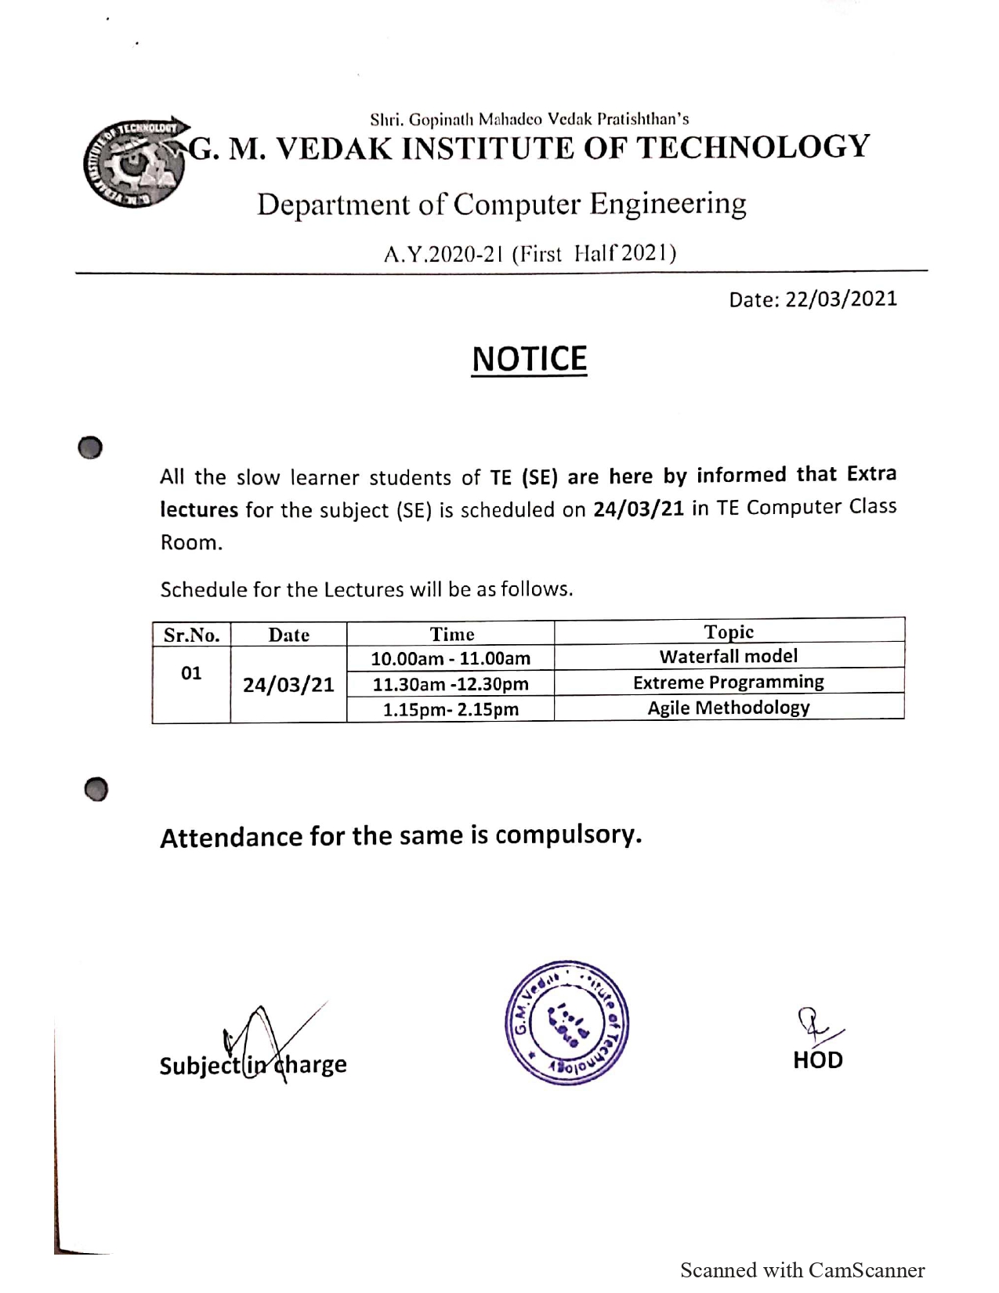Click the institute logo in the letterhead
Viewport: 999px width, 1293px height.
click(135, 165)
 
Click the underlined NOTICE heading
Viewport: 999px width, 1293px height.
click(529, 359)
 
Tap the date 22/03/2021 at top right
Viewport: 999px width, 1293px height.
click(813, 299)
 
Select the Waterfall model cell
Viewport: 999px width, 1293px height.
click(728, 657)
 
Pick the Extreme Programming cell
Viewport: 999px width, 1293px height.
click(728, 683)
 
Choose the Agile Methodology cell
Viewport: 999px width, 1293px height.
click(728, 708)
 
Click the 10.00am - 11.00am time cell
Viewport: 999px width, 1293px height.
click(451, 659)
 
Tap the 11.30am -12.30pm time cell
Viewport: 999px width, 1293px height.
click(451, 684)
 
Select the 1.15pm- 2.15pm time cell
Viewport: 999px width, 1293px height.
click(451, 710)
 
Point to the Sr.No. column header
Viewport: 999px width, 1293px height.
click(191, 635)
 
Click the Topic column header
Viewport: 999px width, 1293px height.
click(729, 632)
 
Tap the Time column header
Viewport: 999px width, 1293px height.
click(451, 634)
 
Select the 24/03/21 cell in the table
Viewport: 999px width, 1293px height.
click(288, 685)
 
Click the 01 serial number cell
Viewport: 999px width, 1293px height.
click(191, 673)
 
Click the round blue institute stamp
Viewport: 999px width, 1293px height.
click(566, 1023)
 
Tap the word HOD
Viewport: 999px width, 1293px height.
click(817, 1060)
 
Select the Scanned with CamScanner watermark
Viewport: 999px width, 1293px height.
click(802, 1270)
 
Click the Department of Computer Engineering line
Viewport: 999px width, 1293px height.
click(501, 205)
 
